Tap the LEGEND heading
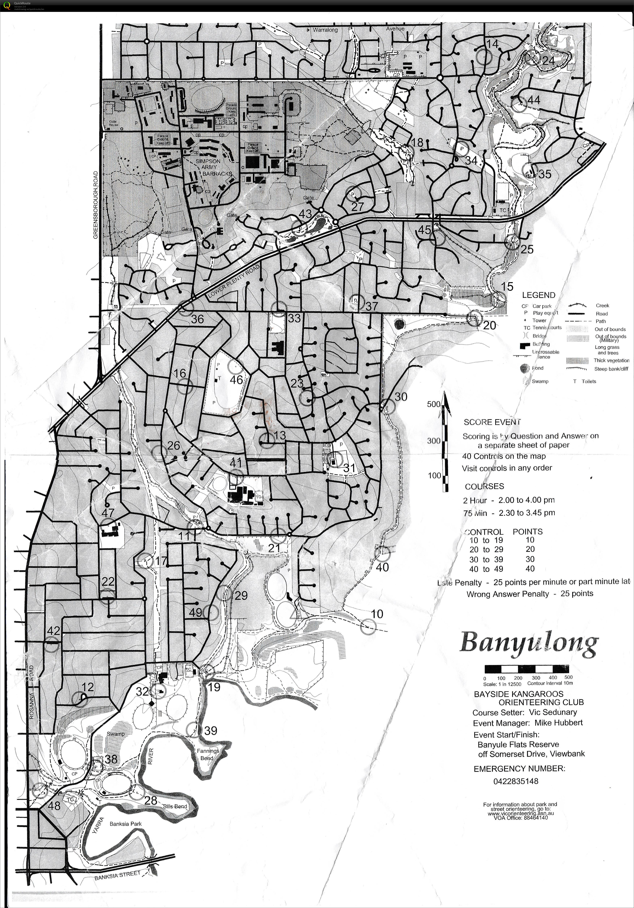(538, 295)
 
